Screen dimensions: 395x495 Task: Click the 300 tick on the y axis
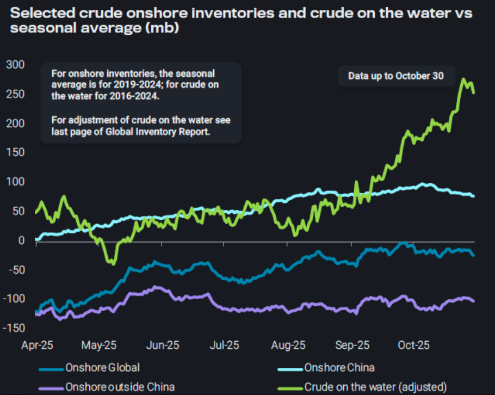[x=15, y=65]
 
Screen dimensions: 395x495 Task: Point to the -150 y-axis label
[x=13, y=328]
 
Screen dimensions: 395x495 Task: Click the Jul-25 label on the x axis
[x=225, y=345]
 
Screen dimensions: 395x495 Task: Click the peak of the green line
[x=463, y=79]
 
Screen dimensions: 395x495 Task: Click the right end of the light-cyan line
[x=473, y=196]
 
